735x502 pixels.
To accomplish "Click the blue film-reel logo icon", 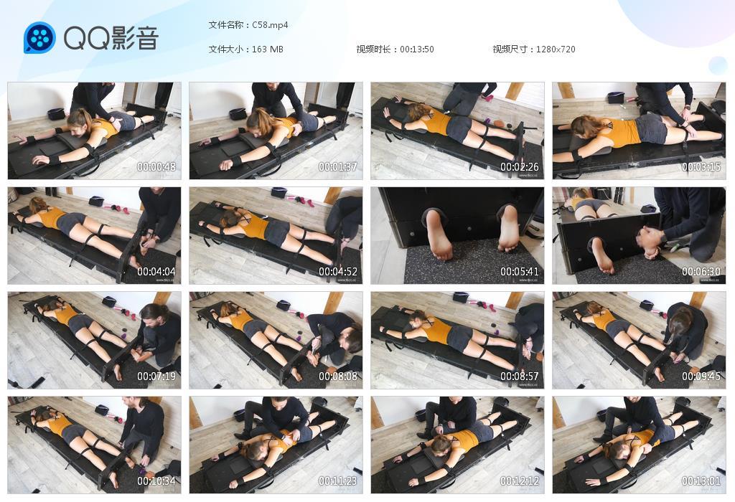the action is [x=39, y=37].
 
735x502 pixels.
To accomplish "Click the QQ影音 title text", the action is [x=111, y=38].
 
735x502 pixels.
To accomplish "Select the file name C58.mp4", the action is [x=270, y=25].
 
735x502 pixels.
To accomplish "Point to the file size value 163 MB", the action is [x=268, y=49].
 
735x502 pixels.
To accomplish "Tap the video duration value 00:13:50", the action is [x=417, y=49].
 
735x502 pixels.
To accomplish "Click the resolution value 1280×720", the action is [x=556, y=49].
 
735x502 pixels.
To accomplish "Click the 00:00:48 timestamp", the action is [x=156, y=166].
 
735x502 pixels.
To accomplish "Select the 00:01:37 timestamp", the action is [x=338, y=166].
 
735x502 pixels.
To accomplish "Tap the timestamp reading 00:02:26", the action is [x=520, y=166].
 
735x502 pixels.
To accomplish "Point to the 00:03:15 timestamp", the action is [x=701, y=166].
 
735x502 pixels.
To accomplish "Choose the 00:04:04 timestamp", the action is [x=156, y=272].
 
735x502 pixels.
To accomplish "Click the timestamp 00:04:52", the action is [x=338, y=272].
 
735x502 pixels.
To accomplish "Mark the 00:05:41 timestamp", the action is [x=520, y=272].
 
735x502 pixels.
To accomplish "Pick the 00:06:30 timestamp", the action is [x=701, y=272].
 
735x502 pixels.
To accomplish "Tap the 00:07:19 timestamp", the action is [x=156, y=376].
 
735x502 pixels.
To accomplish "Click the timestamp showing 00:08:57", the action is [x=520, y=376].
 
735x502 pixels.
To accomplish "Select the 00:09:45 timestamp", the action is [x=701, y=376].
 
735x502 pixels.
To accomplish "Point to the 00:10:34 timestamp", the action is [x=156, y=481].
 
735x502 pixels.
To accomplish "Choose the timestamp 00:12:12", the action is [x=520, y=481].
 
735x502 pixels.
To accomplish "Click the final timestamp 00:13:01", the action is [x=701, y=481].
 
